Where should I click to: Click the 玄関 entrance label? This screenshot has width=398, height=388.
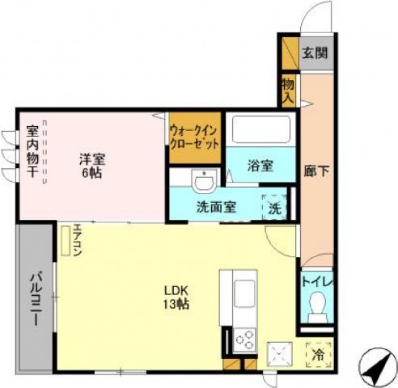[316, 54]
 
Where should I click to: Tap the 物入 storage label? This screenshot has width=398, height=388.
[288, 90]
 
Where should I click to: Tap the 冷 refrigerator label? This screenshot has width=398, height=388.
[318, 353]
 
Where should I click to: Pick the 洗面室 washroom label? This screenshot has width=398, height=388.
[216, 206]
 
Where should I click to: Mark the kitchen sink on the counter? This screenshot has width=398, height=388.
[244, 290]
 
